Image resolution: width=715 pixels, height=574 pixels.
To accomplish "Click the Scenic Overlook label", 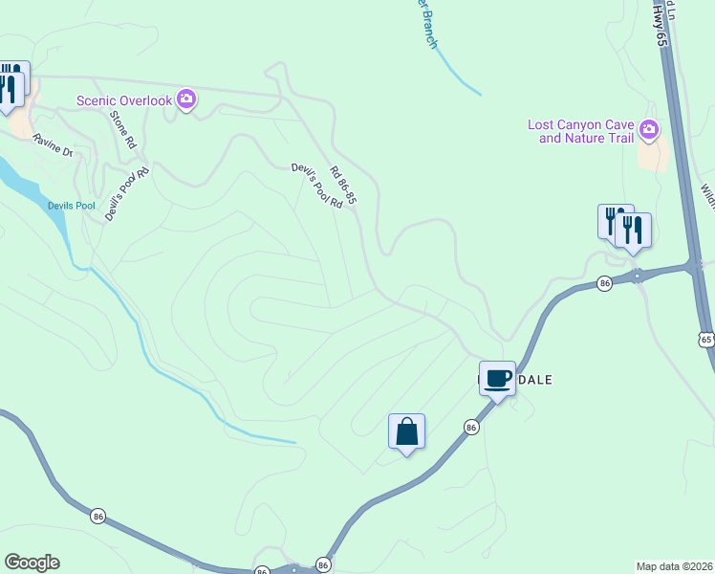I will pyautogui.click(x=124, y=100).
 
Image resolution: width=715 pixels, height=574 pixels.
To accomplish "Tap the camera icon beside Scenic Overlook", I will pyautogui.click(x=186, y=99).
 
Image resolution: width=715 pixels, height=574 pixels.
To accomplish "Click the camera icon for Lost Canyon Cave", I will pyautogui.click(x=650, y=129).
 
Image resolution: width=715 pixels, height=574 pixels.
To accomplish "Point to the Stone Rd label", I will pyautogui.click(x=123, y=130).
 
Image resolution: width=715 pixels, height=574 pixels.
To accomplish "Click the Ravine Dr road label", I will pyautogui.click(x=52, y=145).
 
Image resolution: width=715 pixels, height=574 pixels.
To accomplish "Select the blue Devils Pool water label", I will pyautogui.click(x=72, y=206).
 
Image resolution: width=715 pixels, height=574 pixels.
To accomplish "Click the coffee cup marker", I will pyautogui.click(x=497, y=378).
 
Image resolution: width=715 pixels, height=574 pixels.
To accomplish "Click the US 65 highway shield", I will pyautogui.click(x=705, y=339).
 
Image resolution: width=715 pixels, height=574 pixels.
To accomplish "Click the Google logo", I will pyautogui.click(x=32, y=563).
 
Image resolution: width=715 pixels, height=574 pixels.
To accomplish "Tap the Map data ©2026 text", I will pyautogui.click(x=674, y=566).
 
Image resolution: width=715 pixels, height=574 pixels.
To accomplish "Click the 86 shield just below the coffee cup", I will pyautogui.click(x=471, y=428).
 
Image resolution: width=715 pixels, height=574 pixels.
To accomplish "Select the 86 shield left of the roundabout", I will pyautogui.click(x=604, y=283).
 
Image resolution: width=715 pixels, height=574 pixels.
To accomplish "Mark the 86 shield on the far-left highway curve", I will pyautogui.click(x=97, y=517).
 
